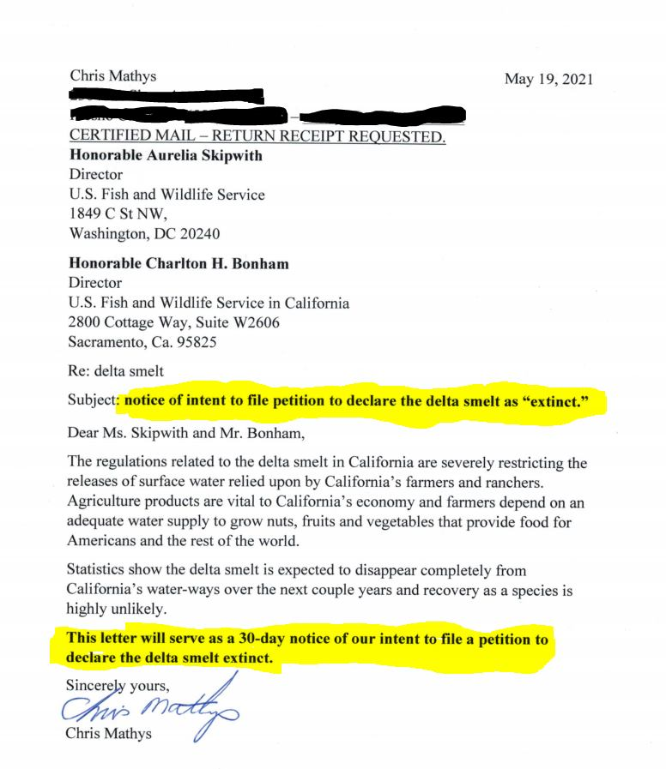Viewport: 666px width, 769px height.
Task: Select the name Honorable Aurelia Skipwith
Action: [165, 156]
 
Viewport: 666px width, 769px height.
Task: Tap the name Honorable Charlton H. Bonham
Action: [179, 264]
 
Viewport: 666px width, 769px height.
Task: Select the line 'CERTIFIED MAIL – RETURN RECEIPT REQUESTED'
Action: [257, 138]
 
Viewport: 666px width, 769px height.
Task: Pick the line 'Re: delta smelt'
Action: [115, 371]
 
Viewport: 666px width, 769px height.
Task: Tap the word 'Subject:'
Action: [93, 400]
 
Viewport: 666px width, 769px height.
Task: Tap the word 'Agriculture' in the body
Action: [106, 503]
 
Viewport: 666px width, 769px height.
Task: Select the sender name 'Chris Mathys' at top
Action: [107, 78]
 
